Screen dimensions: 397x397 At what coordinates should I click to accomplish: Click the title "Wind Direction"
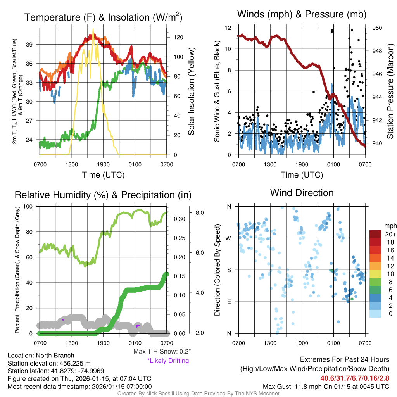pos(302,193)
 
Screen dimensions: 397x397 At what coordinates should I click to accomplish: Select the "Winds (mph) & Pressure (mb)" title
pos(302,15)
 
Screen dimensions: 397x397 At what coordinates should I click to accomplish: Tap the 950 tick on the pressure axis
pos(377,28)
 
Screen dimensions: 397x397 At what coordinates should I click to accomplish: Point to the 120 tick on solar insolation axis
pos(178,37)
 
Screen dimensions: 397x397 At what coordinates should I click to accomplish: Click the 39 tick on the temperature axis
pos(33,45)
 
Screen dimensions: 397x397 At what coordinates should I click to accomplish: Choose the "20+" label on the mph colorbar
pos(390,234)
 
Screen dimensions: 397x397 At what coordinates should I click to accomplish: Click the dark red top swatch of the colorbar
pos(375,234)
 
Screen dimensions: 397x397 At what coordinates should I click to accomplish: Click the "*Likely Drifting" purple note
pos(168,361)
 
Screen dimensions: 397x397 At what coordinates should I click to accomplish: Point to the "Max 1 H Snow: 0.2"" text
pos(162,352)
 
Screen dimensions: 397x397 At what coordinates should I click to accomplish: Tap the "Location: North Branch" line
pos(41,356)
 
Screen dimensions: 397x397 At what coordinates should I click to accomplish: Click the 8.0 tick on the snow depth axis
pos(200,213)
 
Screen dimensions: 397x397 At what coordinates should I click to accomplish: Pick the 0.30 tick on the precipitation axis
pos(179,219)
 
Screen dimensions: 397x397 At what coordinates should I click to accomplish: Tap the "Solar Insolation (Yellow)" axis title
pos(191,91)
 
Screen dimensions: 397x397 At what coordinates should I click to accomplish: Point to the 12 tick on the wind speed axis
pos(228,28)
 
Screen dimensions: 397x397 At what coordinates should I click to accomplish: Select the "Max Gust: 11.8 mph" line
pos(326,387)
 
